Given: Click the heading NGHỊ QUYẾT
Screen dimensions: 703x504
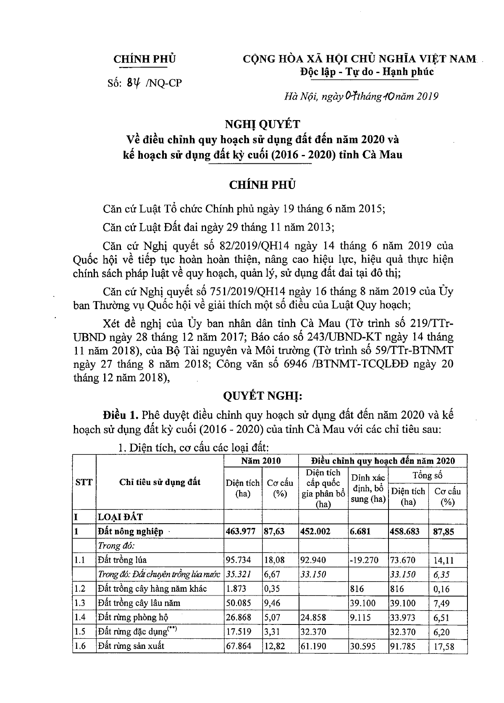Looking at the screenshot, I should [262, 124].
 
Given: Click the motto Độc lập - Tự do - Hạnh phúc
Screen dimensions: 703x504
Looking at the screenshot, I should [366, 71].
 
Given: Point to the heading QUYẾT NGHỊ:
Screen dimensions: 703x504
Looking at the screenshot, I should [262, 396].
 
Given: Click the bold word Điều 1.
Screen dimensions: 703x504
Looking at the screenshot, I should [121, 415].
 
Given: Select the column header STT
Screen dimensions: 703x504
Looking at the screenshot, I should [84, 482].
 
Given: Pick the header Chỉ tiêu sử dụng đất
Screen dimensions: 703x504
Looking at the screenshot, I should [160, 482].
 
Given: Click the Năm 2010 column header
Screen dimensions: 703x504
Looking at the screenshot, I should [261, 461].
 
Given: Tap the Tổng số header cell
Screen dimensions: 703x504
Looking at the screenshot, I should [427, 475].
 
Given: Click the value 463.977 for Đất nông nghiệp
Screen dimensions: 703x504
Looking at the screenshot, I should [241, 532].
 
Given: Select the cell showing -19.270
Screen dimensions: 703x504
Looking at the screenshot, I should [364, 560].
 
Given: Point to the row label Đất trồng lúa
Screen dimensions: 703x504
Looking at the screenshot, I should [122, 560].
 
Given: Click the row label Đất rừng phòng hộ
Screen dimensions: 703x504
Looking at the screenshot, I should [131, 617].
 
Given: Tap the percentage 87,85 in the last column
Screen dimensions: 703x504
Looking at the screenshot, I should [444, 532].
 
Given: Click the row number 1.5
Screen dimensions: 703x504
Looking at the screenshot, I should [80, 632].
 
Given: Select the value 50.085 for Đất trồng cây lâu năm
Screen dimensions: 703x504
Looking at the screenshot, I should [239, 603].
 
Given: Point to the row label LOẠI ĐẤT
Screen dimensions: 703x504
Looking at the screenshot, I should [121, 517].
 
